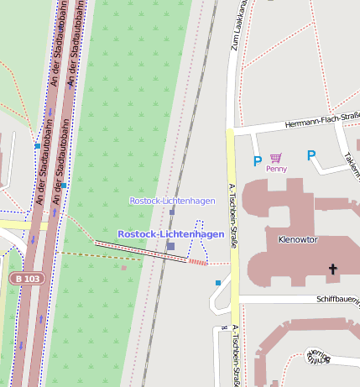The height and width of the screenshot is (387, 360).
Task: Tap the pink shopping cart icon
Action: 276,157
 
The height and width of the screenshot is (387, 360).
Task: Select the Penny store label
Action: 276,169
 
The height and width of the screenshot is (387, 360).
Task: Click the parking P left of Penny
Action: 257,160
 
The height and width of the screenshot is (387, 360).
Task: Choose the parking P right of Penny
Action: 310,155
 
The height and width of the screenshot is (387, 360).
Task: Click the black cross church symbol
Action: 332,269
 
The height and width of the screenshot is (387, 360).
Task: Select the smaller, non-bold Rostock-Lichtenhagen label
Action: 172,201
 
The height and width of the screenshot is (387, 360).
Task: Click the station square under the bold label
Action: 170,246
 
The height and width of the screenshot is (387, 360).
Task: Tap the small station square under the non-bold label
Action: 172,212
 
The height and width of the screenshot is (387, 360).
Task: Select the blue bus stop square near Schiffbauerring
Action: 218,283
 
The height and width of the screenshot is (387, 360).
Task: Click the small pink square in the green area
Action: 124,268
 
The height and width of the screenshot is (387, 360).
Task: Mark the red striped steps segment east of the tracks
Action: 196,262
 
